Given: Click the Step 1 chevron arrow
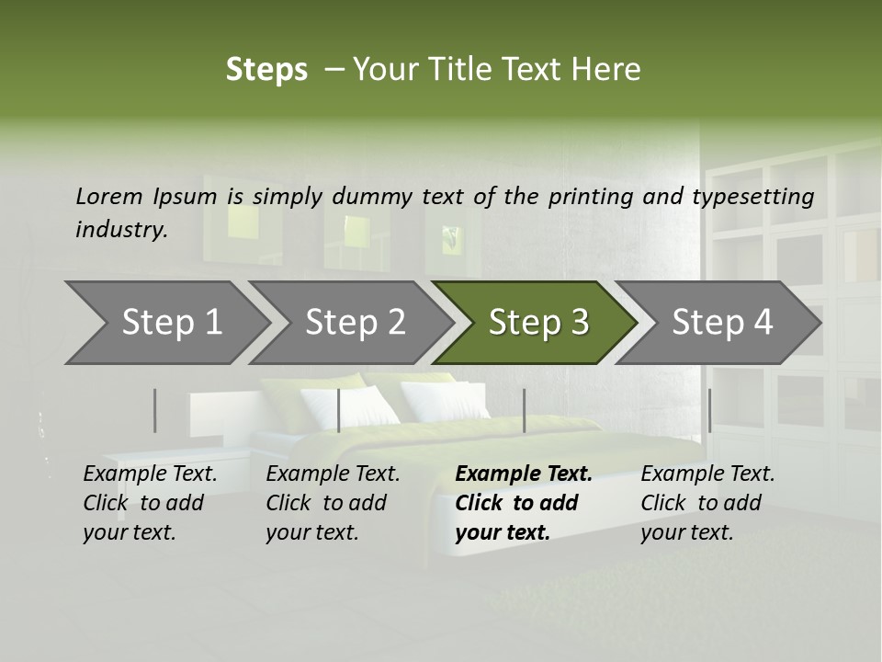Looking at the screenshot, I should (x=165, y=323).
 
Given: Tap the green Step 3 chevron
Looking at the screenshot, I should (x=537, y=323).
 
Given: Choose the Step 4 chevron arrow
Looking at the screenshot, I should (x=721, y=323).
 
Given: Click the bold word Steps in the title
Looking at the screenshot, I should (x=266, y=70).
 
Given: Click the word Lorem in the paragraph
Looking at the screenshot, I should (x=108, y=196).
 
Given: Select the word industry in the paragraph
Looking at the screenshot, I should (x=120, y=229).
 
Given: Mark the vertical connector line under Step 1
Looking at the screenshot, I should (x=155, y=410).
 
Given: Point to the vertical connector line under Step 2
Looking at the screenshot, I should (x=339, y=410).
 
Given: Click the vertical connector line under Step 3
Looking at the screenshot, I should (x=524, y=410).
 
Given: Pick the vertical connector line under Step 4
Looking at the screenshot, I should (x=709, y=410).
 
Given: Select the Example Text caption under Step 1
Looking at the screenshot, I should (x=150, y=474).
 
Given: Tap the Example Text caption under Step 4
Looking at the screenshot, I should (x=707, y=474).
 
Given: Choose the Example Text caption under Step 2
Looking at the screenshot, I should (x=333, y=474).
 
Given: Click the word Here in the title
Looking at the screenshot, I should (x=606, y=70).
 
